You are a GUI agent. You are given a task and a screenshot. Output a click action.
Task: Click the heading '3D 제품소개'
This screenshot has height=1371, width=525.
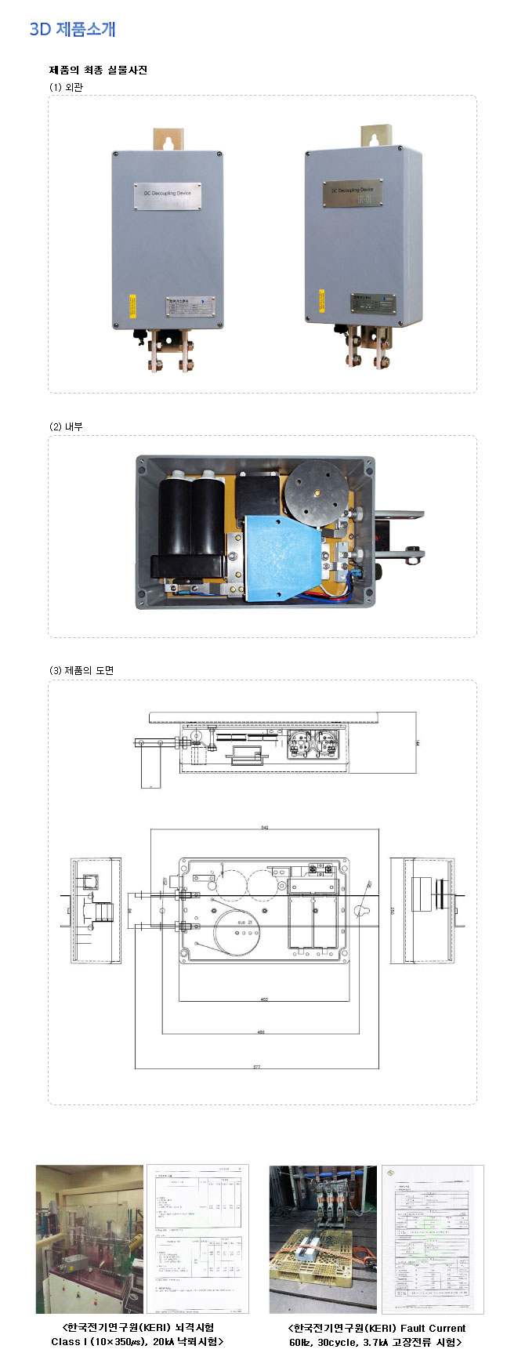pyautogui.click(x=73, y=29)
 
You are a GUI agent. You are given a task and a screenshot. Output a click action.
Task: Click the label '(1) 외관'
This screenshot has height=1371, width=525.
pyautogui.click(x=66, y=87)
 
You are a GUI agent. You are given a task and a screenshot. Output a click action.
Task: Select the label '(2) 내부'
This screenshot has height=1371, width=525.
pyautogui.click(x=66, y=426)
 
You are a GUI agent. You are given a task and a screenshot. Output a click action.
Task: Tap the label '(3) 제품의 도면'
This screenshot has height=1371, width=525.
pyautogui.click(x=81, y=670)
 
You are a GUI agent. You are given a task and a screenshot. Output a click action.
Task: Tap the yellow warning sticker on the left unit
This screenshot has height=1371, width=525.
pyautogui.click(x=132, y=305)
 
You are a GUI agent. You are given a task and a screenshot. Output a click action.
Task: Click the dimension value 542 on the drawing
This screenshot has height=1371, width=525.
pyautogui.click(x=265, y=828)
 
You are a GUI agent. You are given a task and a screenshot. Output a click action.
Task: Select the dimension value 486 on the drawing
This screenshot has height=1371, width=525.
pyautogui.click(x=261, y=1032)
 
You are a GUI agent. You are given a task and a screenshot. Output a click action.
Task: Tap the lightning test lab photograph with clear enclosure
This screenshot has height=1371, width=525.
pyautogui.click(x=89, y=1239)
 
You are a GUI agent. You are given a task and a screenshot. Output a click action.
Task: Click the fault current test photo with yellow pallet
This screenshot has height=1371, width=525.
pyautogui.click(x=323, y=1239)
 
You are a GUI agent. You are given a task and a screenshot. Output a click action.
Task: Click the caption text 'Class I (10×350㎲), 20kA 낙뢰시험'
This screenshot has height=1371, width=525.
pyautogui.click(x=138, y=1341)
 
